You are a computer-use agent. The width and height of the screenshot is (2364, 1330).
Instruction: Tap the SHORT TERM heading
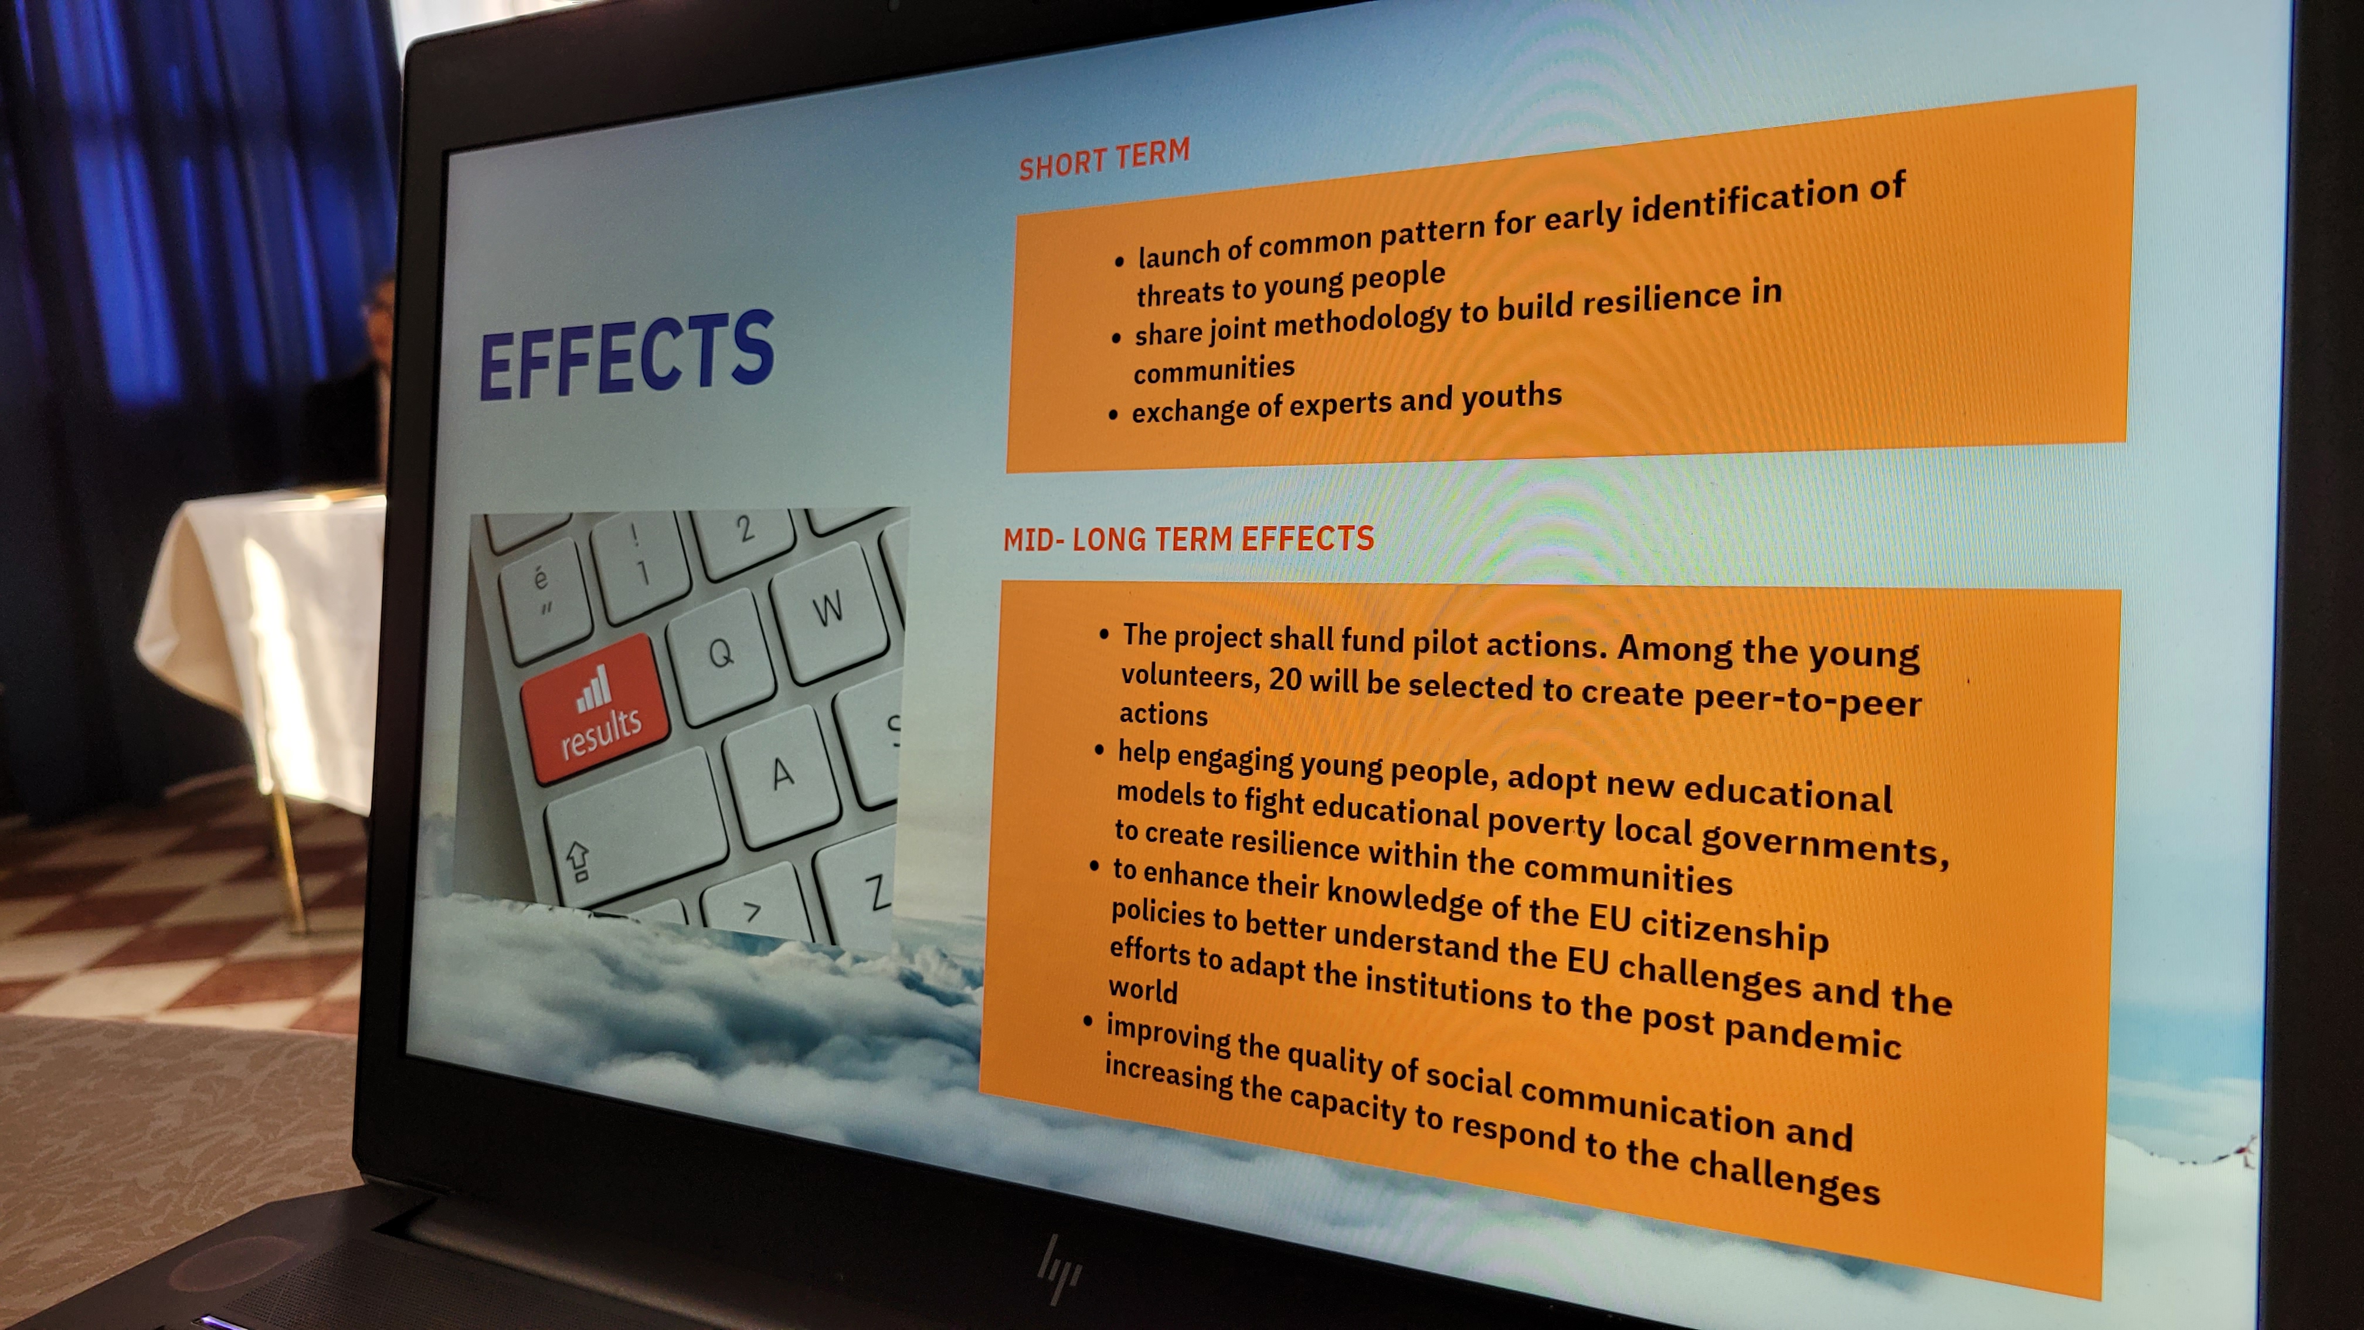(x=1104, y=159)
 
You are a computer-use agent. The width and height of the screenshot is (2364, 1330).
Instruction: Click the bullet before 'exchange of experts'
(x=1113, y=415)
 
